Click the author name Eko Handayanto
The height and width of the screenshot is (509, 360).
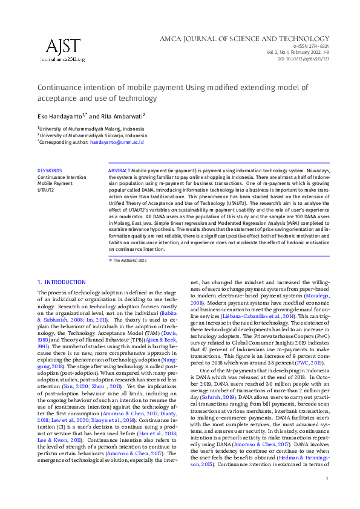60,115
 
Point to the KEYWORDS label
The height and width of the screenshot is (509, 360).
49,171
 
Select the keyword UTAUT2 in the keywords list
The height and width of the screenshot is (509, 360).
47,189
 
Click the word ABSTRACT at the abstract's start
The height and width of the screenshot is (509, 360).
119,171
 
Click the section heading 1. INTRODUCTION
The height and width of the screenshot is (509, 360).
62,282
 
